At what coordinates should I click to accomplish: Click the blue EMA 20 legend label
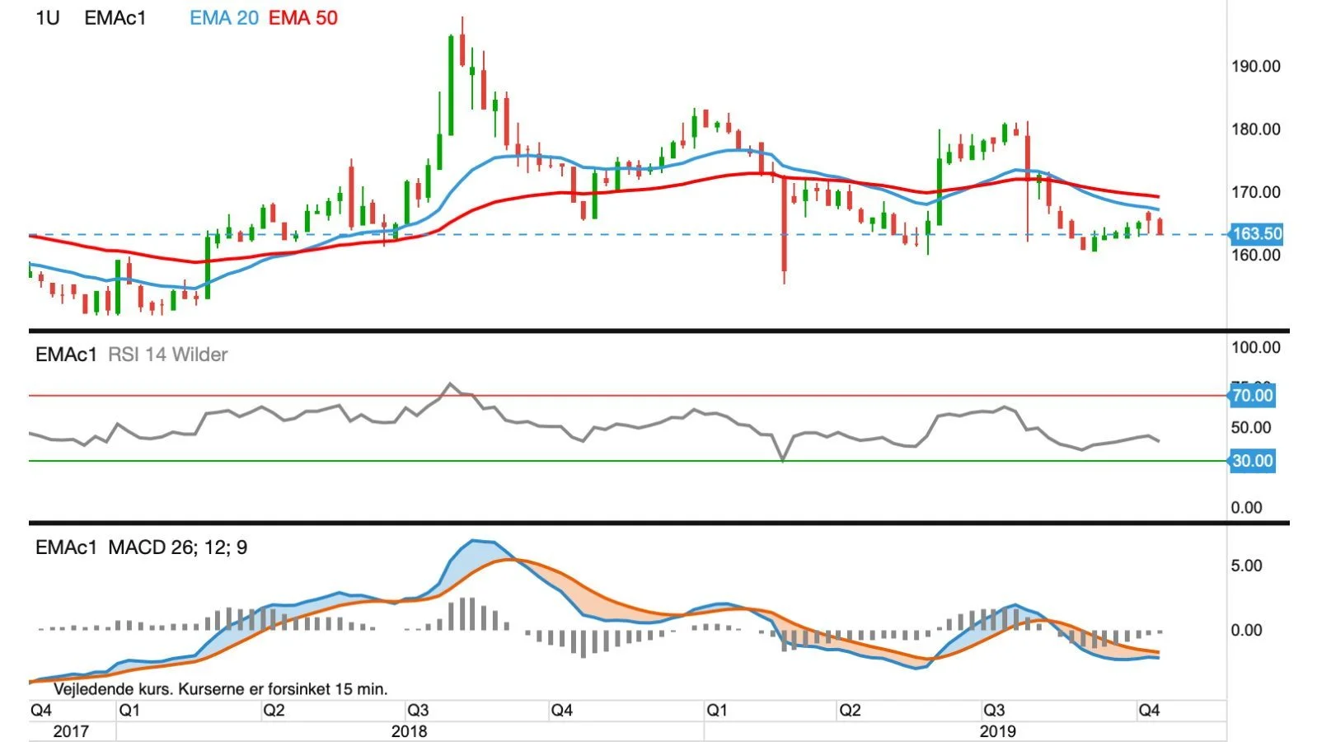[x=224, y=18]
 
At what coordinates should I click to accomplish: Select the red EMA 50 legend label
[x=303, y=18]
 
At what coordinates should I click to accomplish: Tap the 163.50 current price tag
[x=1256, y=234]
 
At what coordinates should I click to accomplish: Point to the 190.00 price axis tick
[x=1256, y=67]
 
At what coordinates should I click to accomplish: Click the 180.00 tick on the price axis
[x=1256, y=129]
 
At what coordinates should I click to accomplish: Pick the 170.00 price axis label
[x=1256, y=192]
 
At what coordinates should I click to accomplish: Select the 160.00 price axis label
[x=1256, y=256]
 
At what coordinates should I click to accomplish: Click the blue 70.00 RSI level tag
[x=1253, y=396]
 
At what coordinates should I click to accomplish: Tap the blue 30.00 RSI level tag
[x=1253, y=461]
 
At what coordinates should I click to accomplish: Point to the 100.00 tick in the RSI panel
[x=1256, y=348]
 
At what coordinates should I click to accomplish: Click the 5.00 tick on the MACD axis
[x=1246, y=566]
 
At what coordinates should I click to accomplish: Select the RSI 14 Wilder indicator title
[x=167, y=355]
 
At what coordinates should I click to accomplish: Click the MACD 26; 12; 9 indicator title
[x=177, y=548]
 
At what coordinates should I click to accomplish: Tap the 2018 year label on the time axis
[x=410, y=732]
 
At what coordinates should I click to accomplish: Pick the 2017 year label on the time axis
[x=71, y=732]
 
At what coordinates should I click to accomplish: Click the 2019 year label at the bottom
[x=997, y=732]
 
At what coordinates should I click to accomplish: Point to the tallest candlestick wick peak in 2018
[x=462, y=17]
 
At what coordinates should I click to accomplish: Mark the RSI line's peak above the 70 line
[x=450, y=384]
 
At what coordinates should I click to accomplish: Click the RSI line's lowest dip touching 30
[x=783, y=460]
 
